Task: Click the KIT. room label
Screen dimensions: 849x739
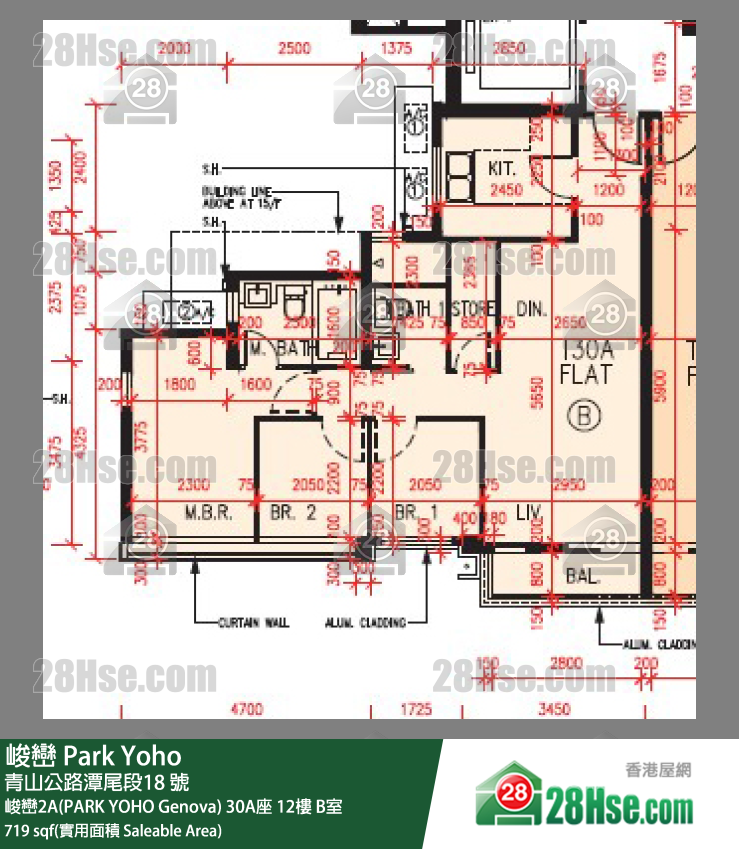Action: point(501,168)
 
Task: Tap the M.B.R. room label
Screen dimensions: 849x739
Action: point(208,514)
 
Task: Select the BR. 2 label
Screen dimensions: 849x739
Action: point(293,514)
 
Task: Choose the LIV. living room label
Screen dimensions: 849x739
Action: point(530,513)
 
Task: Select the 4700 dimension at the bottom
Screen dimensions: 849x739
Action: point(247,709)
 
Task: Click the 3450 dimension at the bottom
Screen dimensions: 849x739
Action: point(553,709)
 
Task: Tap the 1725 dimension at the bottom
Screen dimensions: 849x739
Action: point(416,709)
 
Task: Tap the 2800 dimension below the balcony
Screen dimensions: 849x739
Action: point(571,663)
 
